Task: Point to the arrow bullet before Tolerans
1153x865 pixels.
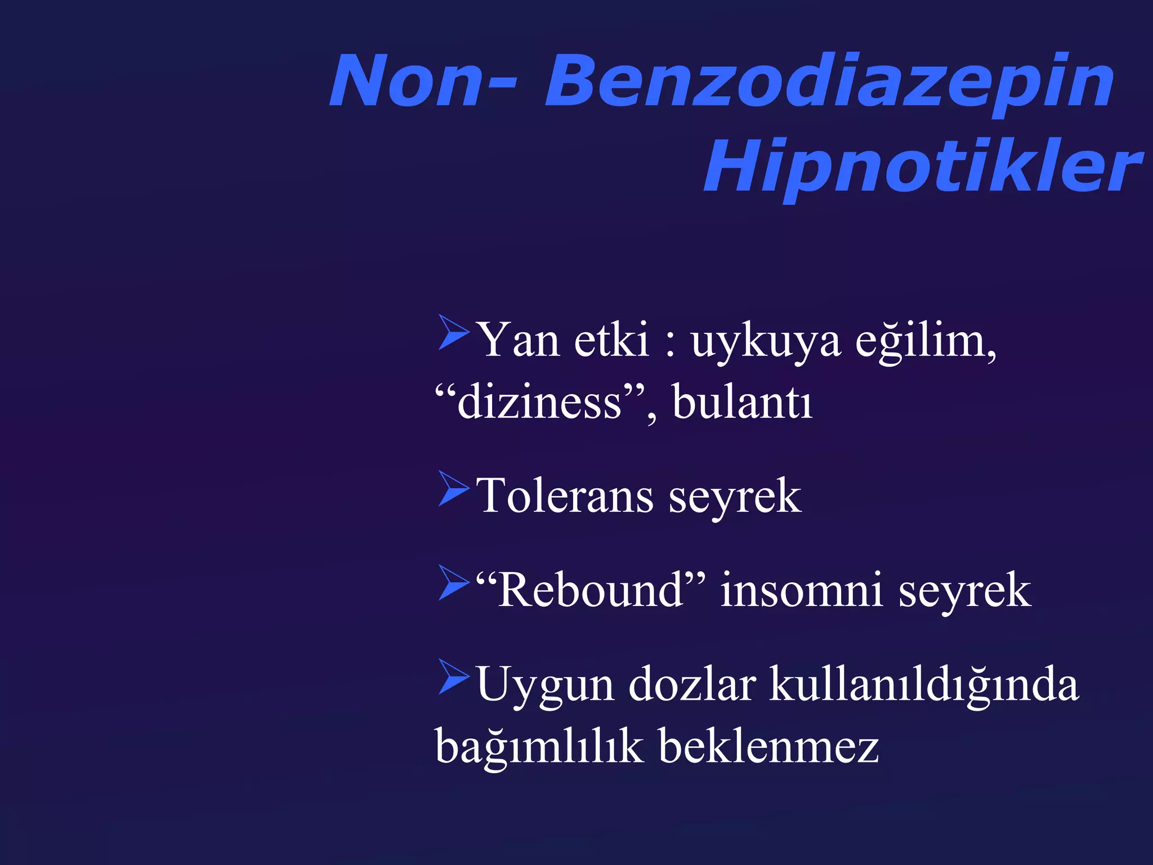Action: [453, 488]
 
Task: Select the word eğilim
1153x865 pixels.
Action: [923, 342]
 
